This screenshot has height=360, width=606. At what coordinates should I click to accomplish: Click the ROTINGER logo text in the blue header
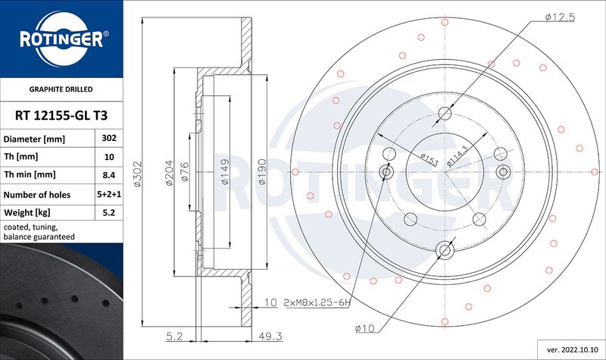coord(61,39)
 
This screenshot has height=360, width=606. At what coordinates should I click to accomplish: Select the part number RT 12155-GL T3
coord(61,115)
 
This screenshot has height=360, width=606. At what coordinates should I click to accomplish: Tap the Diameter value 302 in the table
coord(109,138)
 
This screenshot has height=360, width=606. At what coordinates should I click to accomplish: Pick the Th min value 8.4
coord(109,175)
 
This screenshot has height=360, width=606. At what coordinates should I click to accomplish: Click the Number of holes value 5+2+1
coord(109,194)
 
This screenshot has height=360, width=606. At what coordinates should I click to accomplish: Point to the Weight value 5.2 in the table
coord(109,212)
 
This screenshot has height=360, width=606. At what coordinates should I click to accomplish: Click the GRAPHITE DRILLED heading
coord(61,89)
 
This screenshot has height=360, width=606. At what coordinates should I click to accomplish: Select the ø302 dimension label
coord(138,174)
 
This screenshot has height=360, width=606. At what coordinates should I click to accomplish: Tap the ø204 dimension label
coord(169,173)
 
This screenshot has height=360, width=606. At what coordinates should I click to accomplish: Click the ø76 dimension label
coord(185,172)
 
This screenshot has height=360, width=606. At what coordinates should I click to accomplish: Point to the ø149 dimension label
coord(225,171)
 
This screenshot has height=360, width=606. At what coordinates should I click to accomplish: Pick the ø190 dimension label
coord(262,172)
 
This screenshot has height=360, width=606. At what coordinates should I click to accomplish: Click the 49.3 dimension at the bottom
coord(270,337)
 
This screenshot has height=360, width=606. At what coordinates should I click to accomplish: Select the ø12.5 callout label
coord(560,17)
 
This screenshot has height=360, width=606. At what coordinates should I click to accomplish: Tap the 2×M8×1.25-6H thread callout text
coord(317,302)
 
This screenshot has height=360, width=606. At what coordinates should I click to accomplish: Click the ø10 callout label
coord(365,329)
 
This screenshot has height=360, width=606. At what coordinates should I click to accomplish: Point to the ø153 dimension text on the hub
coord(429,159)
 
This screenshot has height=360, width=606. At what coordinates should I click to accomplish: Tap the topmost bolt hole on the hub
coord(445,113)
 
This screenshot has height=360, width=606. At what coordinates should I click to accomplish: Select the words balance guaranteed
coord(39,236)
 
